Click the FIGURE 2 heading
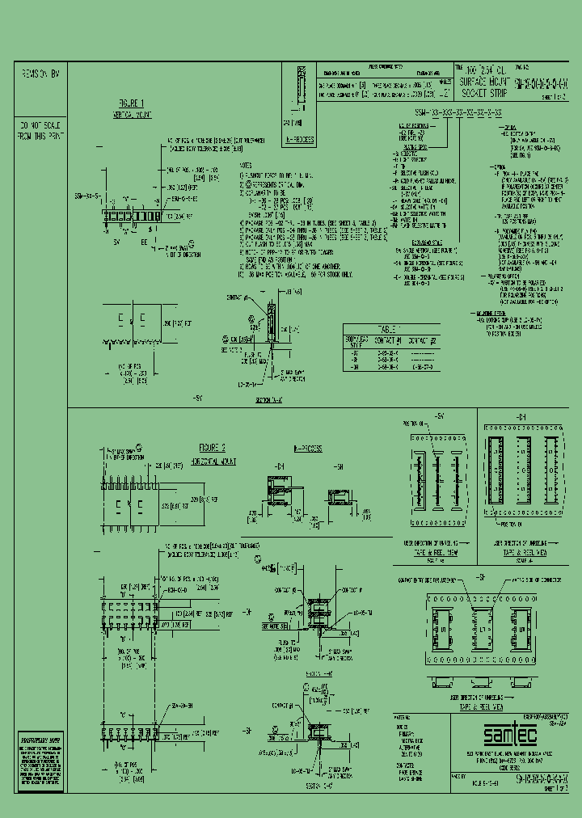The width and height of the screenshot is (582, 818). click(x=212, y=447)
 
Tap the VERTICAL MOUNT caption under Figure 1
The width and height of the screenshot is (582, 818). click(x=131, y=116)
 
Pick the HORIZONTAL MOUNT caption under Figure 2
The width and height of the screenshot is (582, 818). click(x=212, y=458)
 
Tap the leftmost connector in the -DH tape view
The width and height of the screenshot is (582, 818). click(x=495, y=474)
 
